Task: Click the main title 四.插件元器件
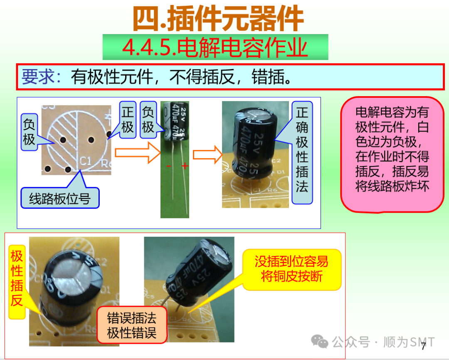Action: click(218, 18)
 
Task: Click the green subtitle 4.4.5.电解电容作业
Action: click(215, 47)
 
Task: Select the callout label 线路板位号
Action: click(60, 198)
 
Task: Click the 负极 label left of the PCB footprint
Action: click(29, 132)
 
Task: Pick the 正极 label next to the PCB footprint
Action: click(128, 120)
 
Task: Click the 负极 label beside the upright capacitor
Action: click(148, 120)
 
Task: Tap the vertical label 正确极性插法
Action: click(302, 152)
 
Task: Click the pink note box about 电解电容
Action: click(392, 155)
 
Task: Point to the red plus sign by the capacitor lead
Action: click(185, 166)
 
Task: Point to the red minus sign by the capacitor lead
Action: click(169, 166)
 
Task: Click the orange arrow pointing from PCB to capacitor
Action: click(138, 153)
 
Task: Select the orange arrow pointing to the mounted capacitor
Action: click(207, 154)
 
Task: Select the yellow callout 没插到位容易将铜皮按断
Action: click(292, 269)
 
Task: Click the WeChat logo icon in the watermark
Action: click(320, 341)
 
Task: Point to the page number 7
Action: click(424, 346)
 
